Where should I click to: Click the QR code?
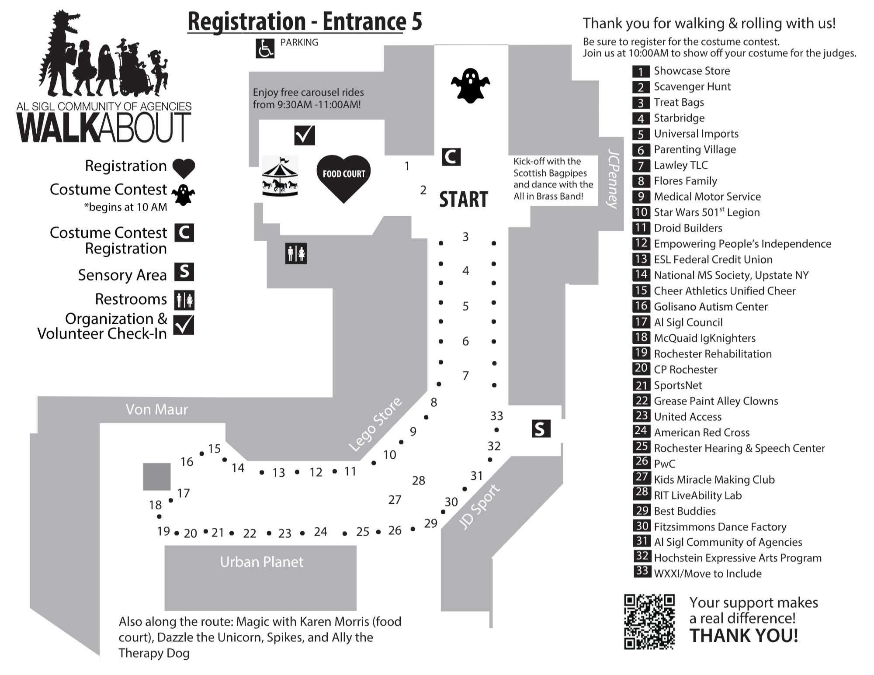click(649, 621)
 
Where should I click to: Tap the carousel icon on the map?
click(280, 177)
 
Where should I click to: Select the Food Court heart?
click(344, 177)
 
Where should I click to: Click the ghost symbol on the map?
click(470, 86)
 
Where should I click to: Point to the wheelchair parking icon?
click(264, 48)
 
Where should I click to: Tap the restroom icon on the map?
click(296, 253)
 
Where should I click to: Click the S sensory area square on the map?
click(541, 429)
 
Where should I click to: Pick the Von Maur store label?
click(156, 409)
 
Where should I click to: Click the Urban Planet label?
click(261, 562)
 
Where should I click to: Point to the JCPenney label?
click(613, 179)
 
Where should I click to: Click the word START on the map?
click(463, 200)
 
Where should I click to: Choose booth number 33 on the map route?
click(496, 416)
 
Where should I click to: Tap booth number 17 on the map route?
click(184, 493)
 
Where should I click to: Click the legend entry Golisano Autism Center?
click(711, 307)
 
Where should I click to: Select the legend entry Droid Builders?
click(688, 228)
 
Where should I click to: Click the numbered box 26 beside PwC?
click(642, 462)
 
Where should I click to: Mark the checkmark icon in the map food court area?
click(305, 135)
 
